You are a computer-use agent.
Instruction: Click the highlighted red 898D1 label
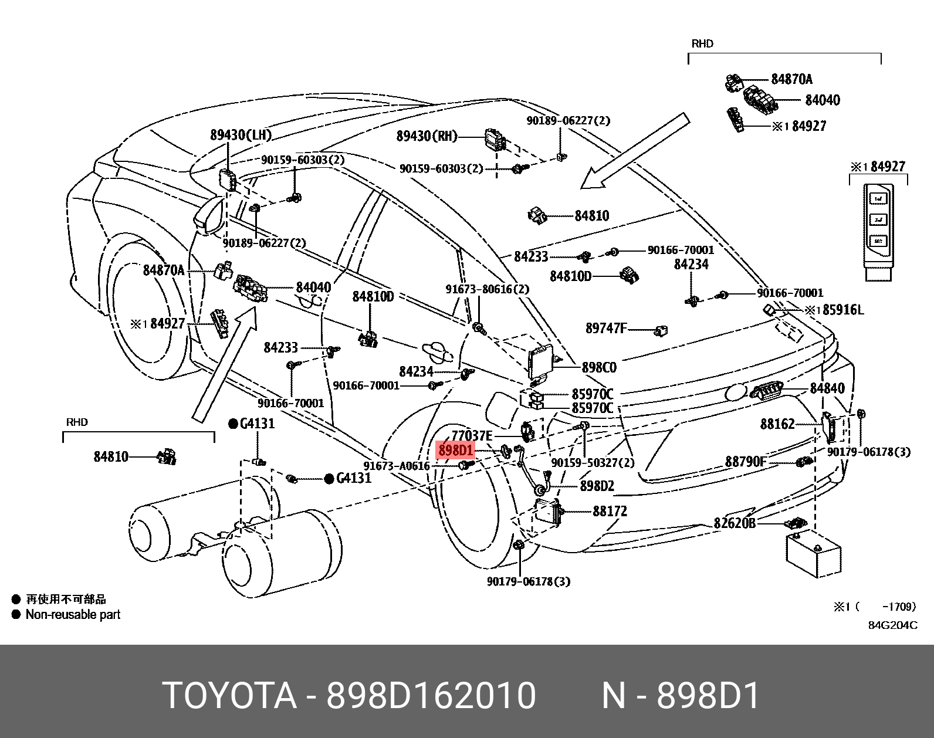tap(455, 451)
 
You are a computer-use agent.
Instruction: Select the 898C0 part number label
tap(598, 368)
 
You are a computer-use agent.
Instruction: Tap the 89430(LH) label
tap(241, 135)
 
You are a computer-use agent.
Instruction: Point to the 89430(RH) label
tap(427, 136)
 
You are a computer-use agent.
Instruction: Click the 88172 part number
tap(610, 512)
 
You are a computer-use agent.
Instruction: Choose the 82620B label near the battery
tap(735, 523)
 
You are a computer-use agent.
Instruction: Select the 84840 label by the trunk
tap(827, 388)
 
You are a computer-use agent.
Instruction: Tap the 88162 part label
tap(777, 424)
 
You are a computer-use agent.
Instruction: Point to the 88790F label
tap(745, 462)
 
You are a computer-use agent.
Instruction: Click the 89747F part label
tap(606, 329)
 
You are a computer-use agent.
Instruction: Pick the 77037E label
tap(472, 436)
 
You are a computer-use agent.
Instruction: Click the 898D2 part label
tap(597, 486)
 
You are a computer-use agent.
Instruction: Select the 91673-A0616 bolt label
tap(397, 466)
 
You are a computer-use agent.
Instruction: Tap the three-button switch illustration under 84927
tap(878, 230)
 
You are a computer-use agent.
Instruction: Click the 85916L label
tap(843, 310)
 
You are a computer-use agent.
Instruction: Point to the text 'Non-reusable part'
tap(73, 615)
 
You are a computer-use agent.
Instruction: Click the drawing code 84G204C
tap(892, 625)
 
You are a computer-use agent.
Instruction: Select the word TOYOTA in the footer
tap(229, 696)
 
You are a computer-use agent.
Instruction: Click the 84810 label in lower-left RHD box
tap(111, 456)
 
